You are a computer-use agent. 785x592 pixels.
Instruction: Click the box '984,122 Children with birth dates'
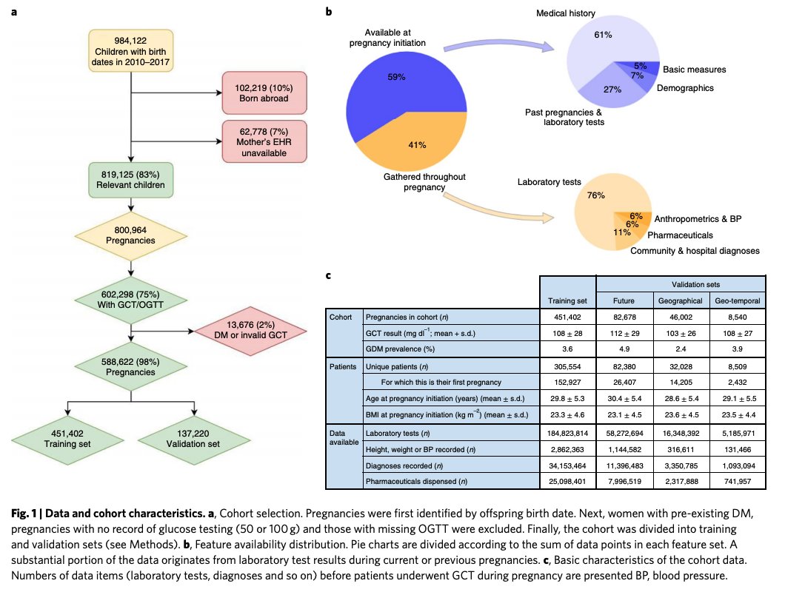[130, 50]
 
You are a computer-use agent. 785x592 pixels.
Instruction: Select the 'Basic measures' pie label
[694, 70]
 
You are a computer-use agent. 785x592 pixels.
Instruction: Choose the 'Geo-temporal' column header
[736, 301]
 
